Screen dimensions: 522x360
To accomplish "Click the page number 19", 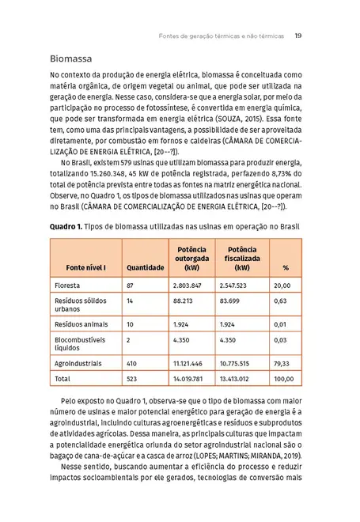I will pyautogui.click(x=297, y=36).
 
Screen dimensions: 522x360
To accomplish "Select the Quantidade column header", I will pyautogui.click(x=145, y=267).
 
